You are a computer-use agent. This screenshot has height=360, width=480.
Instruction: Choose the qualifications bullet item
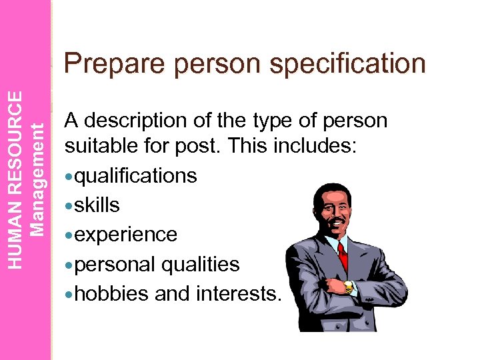(x=135, y=176)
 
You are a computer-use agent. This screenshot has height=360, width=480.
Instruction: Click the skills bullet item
(x=97, y=205)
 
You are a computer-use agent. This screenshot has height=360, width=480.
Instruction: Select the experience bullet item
(x=125, y=235)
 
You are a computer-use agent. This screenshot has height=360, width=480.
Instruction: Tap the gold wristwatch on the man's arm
(x=348, y=287)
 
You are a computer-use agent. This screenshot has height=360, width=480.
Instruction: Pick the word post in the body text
(x=205, y=147)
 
